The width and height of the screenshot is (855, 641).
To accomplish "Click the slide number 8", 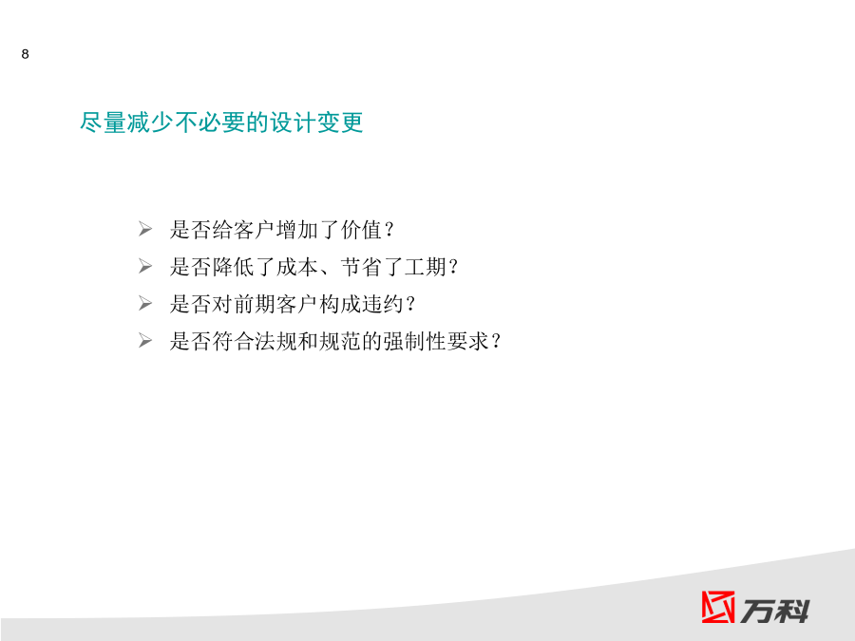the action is point(25,54).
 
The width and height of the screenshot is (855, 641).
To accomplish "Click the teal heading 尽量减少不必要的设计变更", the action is point(221,123).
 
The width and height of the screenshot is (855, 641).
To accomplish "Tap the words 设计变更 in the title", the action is point(316,123).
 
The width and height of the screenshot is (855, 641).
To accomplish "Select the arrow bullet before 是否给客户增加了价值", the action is point(145,229).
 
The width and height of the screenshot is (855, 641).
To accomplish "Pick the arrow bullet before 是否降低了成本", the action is point(145,266).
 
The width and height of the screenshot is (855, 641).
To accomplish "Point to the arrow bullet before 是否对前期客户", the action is point(145,303).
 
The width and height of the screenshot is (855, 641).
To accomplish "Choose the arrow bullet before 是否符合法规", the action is point(145,341).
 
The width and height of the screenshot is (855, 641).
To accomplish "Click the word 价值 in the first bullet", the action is point(362,230).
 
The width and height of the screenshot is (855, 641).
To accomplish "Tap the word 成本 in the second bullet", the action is point(297,267).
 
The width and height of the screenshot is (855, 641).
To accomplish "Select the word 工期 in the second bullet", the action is point(426,267).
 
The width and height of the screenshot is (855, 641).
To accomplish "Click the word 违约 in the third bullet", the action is point(383,304).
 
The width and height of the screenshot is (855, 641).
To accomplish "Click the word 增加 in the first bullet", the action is point(297,230).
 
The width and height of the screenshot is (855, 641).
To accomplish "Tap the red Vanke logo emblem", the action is point(717,607).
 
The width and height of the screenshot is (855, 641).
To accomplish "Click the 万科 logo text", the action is point(774,611).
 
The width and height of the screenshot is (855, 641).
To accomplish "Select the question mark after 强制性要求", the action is point(496,341).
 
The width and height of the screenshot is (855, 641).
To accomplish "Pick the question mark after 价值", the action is point(389,230).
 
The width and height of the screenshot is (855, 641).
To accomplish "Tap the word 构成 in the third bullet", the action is point(340,304).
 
